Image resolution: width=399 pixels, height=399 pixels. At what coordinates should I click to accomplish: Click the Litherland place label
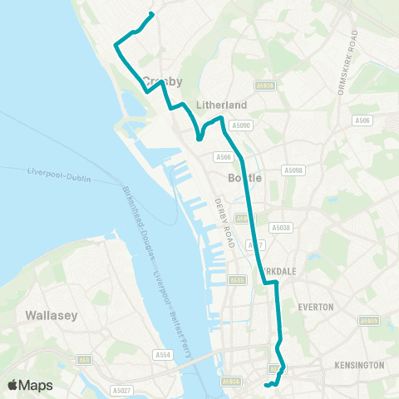coord(220,105)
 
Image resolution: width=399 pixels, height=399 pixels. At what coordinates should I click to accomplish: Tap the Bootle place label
coord(244,178)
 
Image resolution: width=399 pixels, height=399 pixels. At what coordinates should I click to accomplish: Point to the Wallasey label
coord(52,315)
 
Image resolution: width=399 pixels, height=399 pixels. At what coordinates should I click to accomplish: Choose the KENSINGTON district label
coord(358,365)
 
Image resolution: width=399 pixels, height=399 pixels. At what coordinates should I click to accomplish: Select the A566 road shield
coord(223,156)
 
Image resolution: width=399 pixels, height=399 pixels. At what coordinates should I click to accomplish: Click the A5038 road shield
coord(280,227)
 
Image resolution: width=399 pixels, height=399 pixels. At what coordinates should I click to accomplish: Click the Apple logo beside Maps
coord(13,385)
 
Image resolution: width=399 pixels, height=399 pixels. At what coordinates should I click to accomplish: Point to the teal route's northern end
coord(150,14)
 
